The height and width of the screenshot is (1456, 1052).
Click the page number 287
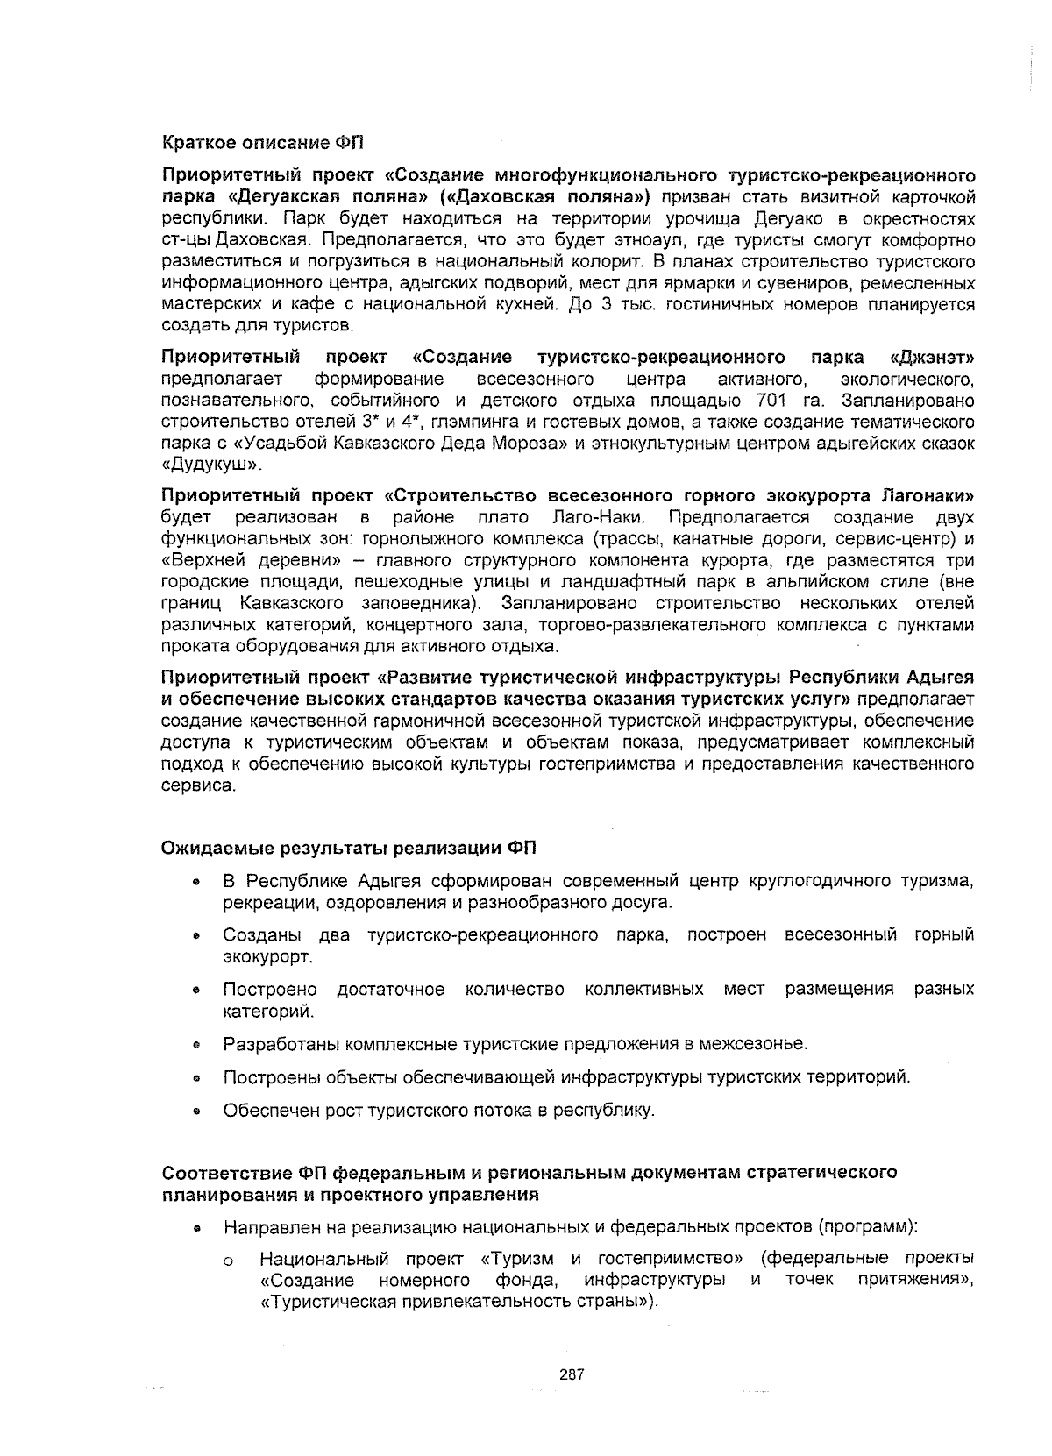point(572,1374)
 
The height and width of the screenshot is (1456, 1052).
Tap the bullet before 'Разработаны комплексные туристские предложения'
point(198,1045)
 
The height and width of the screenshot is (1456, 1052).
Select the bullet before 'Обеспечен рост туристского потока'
point(198,1112)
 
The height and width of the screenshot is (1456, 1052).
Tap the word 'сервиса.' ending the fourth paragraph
point(198,785)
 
